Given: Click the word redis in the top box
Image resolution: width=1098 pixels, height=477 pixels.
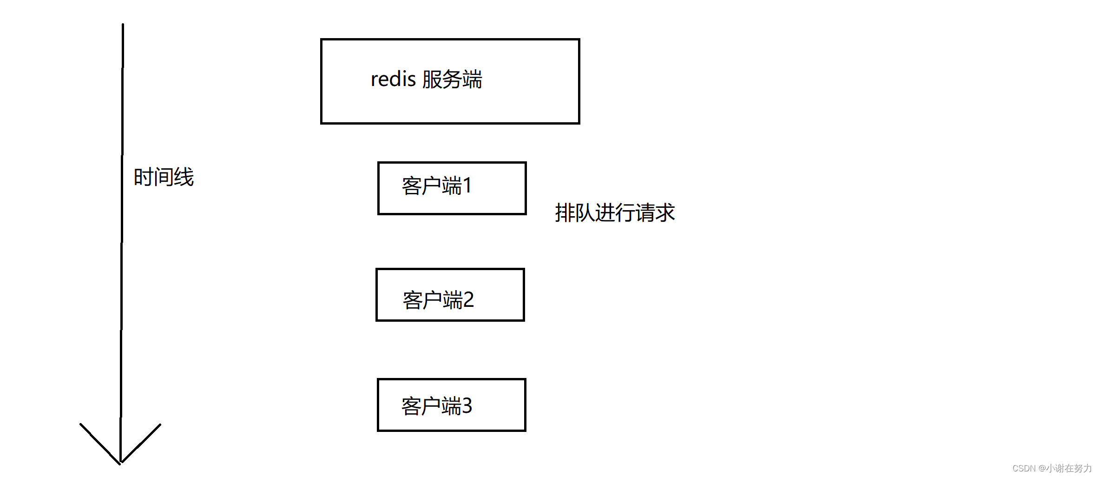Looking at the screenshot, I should tap(393, 79).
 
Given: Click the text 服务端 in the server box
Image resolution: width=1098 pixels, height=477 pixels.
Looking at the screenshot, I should tap(452, 79).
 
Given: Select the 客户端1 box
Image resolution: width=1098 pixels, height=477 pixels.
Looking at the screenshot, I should tap(452, 188).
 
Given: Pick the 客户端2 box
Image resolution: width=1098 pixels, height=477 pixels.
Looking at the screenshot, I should tap(450, 295).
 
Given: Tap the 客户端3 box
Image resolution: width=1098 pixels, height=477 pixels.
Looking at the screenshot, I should tap(451, 405).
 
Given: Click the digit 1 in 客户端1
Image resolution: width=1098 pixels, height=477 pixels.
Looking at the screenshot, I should tap(467, 185).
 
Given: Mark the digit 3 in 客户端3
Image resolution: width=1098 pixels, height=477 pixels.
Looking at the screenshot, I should tap(467, 406).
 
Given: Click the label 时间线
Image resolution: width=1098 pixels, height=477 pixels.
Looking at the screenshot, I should tap(164, 177).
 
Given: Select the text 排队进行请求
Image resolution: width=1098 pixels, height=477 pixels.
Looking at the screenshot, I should tap(614, 213).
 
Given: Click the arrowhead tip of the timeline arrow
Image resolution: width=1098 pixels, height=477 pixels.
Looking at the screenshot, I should tap(120, 462).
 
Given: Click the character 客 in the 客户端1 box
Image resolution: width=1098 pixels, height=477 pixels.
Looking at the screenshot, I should tap(412, 186).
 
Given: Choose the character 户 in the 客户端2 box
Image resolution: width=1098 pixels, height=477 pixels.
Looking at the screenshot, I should tap(432, 300).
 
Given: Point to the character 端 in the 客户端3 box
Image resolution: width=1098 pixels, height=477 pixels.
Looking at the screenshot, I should tap(451, 406).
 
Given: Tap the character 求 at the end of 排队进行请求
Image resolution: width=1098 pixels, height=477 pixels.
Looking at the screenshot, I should tap(665, 213).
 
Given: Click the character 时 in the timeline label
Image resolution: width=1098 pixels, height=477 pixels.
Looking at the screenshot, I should tap(143, 177).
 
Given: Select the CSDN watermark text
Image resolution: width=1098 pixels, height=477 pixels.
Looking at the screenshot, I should tap(1024, 468).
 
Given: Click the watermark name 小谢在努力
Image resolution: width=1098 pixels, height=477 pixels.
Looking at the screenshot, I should tap(1069, 468).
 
